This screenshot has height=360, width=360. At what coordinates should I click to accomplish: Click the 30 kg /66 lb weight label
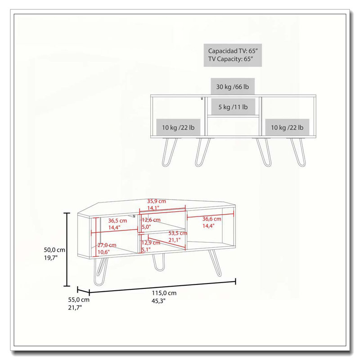click(232, 87)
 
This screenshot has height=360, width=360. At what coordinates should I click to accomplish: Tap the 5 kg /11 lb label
click(233, 107)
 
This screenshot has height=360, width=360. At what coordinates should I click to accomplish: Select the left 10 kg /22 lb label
click(178, 127)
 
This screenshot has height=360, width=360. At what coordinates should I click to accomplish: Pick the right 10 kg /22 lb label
click(287, 127)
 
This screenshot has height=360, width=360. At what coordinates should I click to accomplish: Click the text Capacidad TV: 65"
click(233, 51)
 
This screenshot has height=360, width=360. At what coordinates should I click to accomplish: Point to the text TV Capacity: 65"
click(230, 59)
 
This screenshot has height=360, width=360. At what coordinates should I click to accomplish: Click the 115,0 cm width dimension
click(164, 293)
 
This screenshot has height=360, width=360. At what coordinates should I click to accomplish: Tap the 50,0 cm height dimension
click(54, 250)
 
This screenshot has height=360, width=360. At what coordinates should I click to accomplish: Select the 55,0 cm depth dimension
click(78, 300)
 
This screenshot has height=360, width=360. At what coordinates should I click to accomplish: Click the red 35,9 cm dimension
click(156, 201)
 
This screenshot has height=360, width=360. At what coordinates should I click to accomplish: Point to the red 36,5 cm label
click(117, 220)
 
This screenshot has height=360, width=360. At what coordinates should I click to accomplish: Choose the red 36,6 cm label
click(211, 219)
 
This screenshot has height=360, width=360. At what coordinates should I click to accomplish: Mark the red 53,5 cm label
click(178, 233)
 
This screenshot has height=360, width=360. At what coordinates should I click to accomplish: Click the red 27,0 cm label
click(107, 245)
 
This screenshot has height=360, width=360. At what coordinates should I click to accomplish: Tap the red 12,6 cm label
click(151, 220)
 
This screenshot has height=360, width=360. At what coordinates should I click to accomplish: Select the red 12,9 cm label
click(151, 243)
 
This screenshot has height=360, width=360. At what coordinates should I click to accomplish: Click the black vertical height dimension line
click(67, 250)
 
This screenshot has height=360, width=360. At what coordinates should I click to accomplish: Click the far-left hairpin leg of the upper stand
click(170, 152)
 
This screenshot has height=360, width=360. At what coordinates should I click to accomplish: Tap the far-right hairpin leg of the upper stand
click(298, 152)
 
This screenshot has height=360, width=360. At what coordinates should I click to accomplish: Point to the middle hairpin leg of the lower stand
click(158, 262)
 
